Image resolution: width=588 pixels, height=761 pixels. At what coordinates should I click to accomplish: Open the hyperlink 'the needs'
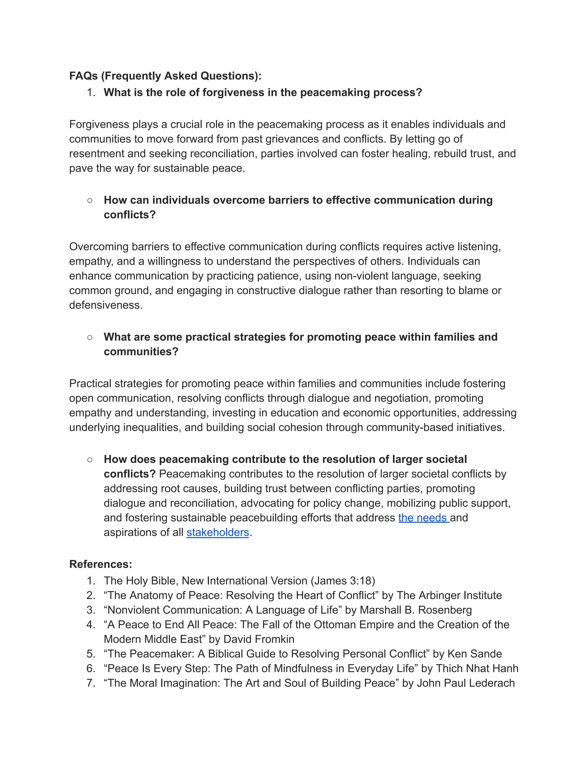[423, 518]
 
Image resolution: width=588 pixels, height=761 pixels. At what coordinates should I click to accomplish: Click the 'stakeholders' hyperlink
[218, 532]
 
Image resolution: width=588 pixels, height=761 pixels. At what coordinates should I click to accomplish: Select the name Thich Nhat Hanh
[477, 668]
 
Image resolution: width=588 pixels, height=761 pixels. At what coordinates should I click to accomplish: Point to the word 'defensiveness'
[106, 305]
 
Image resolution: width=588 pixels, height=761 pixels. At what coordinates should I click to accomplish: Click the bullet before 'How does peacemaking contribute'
[90, 459]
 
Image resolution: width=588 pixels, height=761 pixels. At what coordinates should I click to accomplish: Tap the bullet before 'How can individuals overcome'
[90, 200]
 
